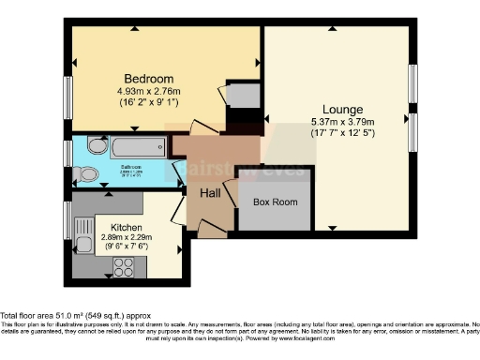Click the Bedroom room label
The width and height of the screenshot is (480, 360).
click(x=145, y=77)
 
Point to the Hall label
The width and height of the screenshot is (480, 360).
click(x=210, y=192)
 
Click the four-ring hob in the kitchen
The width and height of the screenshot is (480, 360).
click(x=124, y=268)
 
